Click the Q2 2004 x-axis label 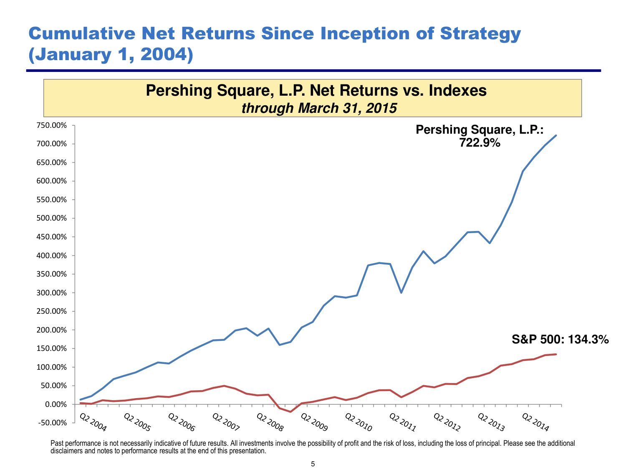pos(93,422)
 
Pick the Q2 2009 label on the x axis pos(314,422)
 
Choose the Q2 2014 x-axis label pos(535,422)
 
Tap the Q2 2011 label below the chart pos(403,422)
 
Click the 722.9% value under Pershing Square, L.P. pos(480,143)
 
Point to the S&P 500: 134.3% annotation pos(560,340)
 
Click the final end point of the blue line pos(556,135)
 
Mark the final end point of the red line pos(556,354)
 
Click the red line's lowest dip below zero pos(290,412)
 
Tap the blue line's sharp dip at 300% pos(401,292)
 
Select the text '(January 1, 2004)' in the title pos(111,55)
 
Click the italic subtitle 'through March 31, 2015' pos(319,108)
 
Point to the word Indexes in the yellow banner pos(457,90)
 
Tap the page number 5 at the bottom pos(313,464)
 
